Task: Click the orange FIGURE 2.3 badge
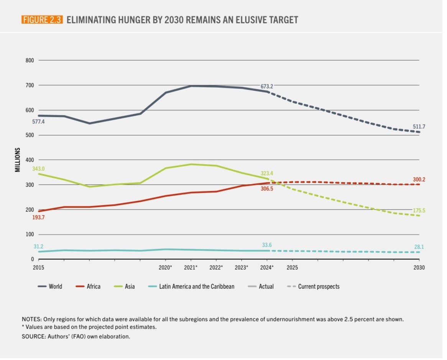[42, 20]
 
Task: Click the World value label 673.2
[267, 87]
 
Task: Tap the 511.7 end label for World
[419, 126]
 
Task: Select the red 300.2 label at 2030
[419, 179]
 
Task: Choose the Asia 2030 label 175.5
[419, 210]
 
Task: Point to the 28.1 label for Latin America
[419, 247]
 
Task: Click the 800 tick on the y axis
[30, 60]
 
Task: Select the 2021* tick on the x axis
[191, 267]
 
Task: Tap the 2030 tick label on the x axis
[419, 267]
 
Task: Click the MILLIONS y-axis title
[18, 160]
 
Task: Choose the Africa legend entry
[93, 286]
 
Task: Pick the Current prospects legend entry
[319, 286]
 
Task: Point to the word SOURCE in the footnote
[33, 337]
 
